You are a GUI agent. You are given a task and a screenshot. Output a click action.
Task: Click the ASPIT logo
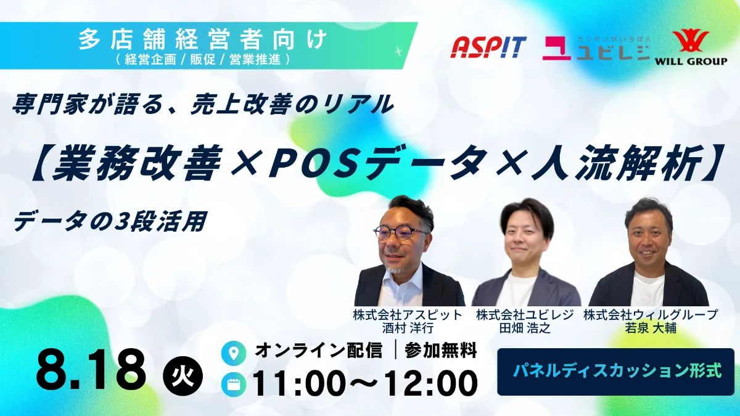pyautogui.click(x=488, y=47)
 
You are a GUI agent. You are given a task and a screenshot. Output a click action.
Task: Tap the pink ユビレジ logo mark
pyautogui.click(x=557, y=48)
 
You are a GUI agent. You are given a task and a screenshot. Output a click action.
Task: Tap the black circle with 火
pyautogui.click(x=183, y=377)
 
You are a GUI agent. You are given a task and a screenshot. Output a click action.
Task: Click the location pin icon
pyautogui.click(x=234, y=353)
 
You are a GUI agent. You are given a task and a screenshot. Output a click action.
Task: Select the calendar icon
pyautogui.click(x=234, y=385)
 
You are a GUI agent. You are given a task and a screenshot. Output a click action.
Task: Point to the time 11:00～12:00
pyautogui.click(x=365, y=383)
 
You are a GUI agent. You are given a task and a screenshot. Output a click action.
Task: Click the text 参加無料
pyautogui.click(x=441, y=350)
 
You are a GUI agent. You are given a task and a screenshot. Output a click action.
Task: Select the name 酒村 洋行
pyautogui.click(x=408, y=328)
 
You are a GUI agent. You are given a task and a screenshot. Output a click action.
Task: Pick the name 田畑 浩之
pyautogui.click(x=525, y=328)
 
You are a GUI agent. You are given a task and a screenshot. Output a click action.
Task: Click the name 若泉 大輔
pyautogui.click(x=651, y=328)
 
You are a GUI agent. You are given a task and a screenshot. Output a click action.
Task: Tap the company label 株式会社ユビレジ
pyautogui.click(x=525, y=315)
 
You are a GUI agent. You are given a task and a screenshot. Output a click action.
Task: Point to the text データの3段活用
pyautogui.click(x=110, y=221)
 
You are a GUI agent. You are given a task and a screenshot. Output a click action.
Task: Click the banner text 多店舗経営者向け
pyautogui.click(x=202, y=39)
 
